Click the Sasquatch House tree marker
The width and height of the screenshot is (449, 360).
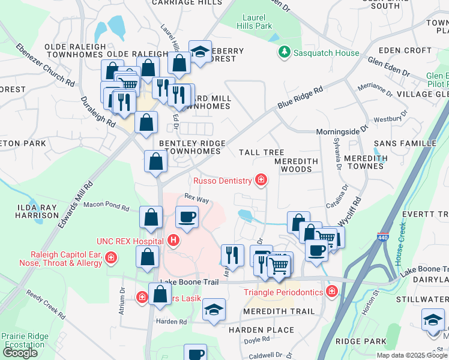coord(285,53)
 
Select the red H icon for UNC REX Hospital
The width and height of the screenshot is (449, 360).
coord(173,241)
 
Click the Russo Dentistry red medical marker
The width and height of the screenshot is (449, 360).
coord(261,180)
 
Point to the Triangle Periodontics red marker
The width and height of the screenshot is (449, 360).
coord(331,292)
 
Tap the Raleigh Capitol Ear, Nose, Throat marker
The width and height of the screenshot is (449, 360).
coord(110,258)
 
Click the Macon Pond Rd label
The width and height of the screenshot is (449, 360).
coord(106,207)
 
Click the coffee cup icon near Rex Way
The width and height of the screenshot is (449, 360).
coord(187,217)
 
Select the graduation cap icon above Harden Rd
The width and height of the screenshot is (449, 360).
coord(214,310)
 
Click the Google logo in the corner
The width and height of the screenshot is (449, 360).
coord(20,353)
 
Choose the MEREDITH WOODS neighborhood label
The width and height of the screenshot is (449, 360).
coord(294,166)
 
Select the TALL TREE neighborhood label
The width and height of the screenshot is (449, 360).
coord(261,153)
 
